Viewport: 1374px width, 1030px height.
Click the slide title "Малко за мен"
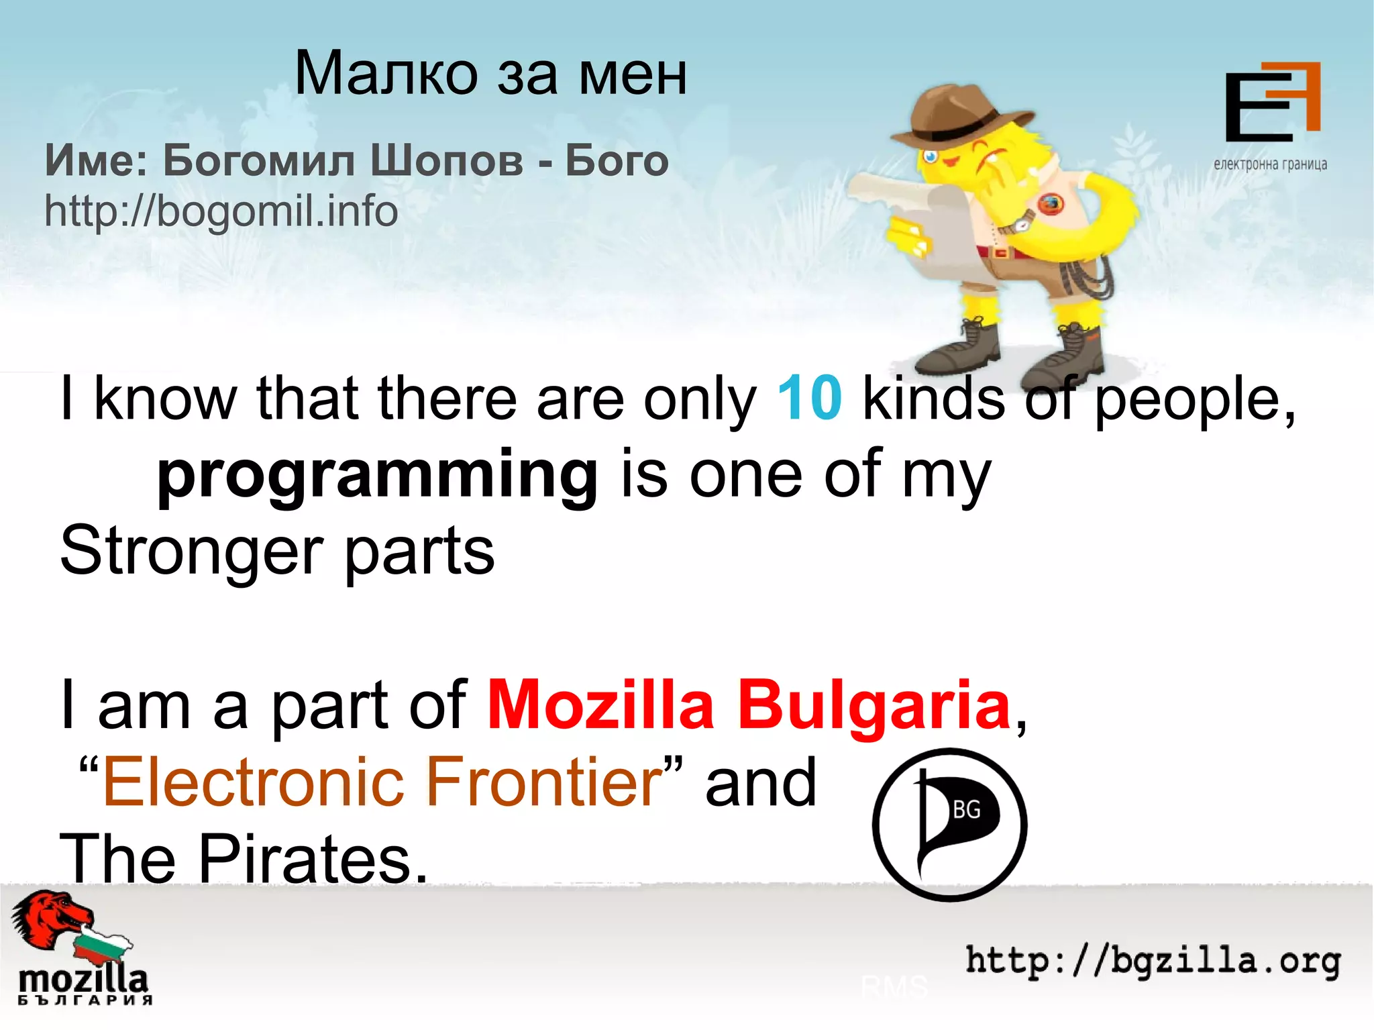[x=490, y=73]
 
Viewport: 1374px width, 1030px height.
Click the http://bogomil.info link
[x=221, y=211]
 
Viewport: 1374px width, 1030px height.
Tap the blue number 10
[x=809, y=398]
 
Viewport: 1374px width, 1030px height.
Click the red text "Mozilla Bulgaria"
[x=748, y=705]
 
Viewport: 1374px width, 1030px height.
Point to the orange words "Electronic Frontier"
[x=382, y=782]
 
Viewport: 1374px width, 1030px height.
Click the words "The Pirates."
[x=244, y=859]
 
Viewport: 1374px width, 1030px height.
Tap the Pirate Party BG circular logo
[x=949, y=825]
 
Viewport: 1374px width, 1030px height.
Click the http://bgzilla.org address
[x=1153, y=961]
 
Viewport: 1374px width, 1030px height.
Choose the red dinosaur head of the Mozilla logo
[x=50, y=916]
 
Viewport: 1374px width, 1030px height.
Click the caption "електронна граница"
[x=1270, y=164]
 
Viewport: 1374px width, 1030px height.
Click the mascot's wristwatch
[x=1022, y=221]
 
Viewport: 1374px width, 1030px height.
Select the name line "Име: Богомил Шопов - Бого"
[x=356, y=161]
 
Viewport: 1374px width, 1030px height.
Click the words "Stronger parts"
[x=277, y=551]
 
